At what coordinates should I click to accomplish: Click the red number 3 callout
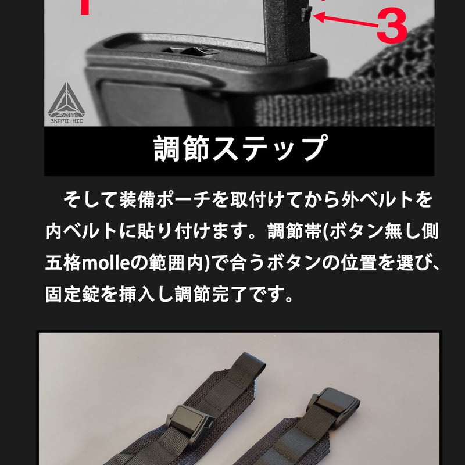pyautogui.click(x=391, y=26)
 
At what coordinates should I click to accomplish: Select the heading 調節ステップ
pyautogui.click(x=241, y=149)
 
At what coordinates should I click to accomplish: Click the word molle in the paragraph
pyautogui.click(x=106, y=263)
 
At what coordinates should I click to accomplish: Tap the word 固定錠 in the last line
pyautogui.click(x=73, y=294)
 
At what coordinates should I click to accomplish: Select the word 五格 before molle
pyautogui.click(x=63, y=263)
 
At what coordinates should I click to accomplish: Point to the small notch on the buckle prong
pyautogui.click(x=306, y=14)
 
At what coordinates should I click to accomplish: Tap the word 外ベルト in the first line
pyautogui.click(x=376, y=199)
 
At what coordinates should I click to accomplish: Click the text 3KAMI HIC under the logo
pyautogui.click(x=67, y=121)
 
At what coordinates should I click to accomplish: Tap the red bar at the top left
pyautogui.click(x=85, y=7)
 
